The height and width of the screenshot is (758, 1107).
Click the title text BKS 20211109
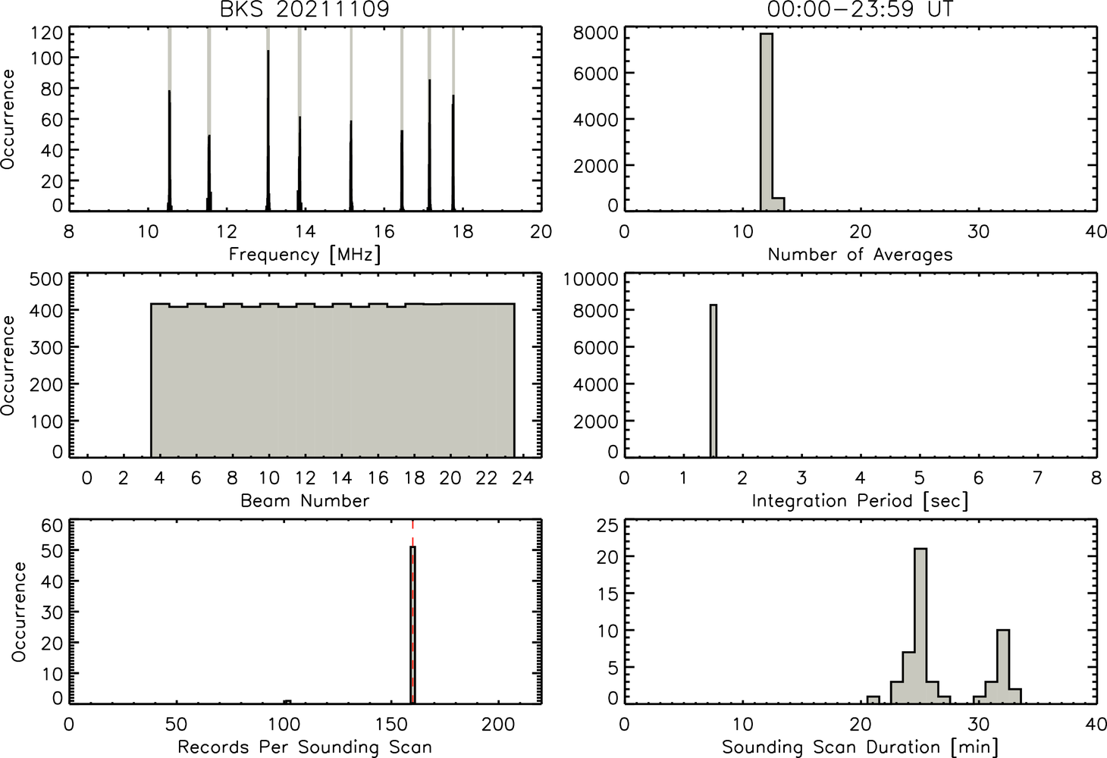tap(305, 9)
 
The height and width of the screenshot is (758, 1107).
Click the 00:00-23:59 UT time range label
tap(860, 9)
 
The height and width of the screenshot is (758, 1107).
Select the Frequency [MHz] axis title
tap(305, 255)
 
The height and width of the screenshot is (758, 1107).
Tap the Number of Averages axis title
tap(860, 255)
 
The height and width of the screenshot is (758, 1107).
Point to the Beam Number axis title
tap(305, 501)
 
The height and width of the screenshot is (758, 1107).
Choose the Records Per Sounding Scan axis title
tap(305, 747)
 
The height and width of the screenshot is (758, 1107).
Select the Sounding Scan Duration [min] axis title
tap(860, 747)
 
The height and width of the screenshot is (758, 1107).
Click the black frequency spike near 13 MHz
tap(268, 131)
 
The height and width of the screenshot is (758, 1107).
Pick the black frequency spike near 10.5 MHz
tap(170, 151)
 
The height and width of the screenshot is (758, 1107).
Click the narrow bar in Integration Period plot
tap(713, 381)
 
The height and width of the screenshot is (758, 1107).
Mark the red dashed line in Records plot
tap(412, 612)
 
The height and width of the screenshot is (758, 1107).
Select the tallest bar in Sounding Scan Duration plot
tap(920, 626)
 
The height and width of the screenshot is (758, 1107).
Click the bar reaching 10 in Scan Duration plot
tap(1002, 666)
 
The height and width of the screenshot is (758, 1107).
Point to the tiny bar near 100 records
tap(287, 702)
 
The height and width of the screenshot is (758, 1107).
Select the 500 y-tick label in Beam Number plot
tap(46, 280)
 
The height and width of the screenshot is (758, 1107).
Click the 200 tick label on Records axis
tap(498, 725)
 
